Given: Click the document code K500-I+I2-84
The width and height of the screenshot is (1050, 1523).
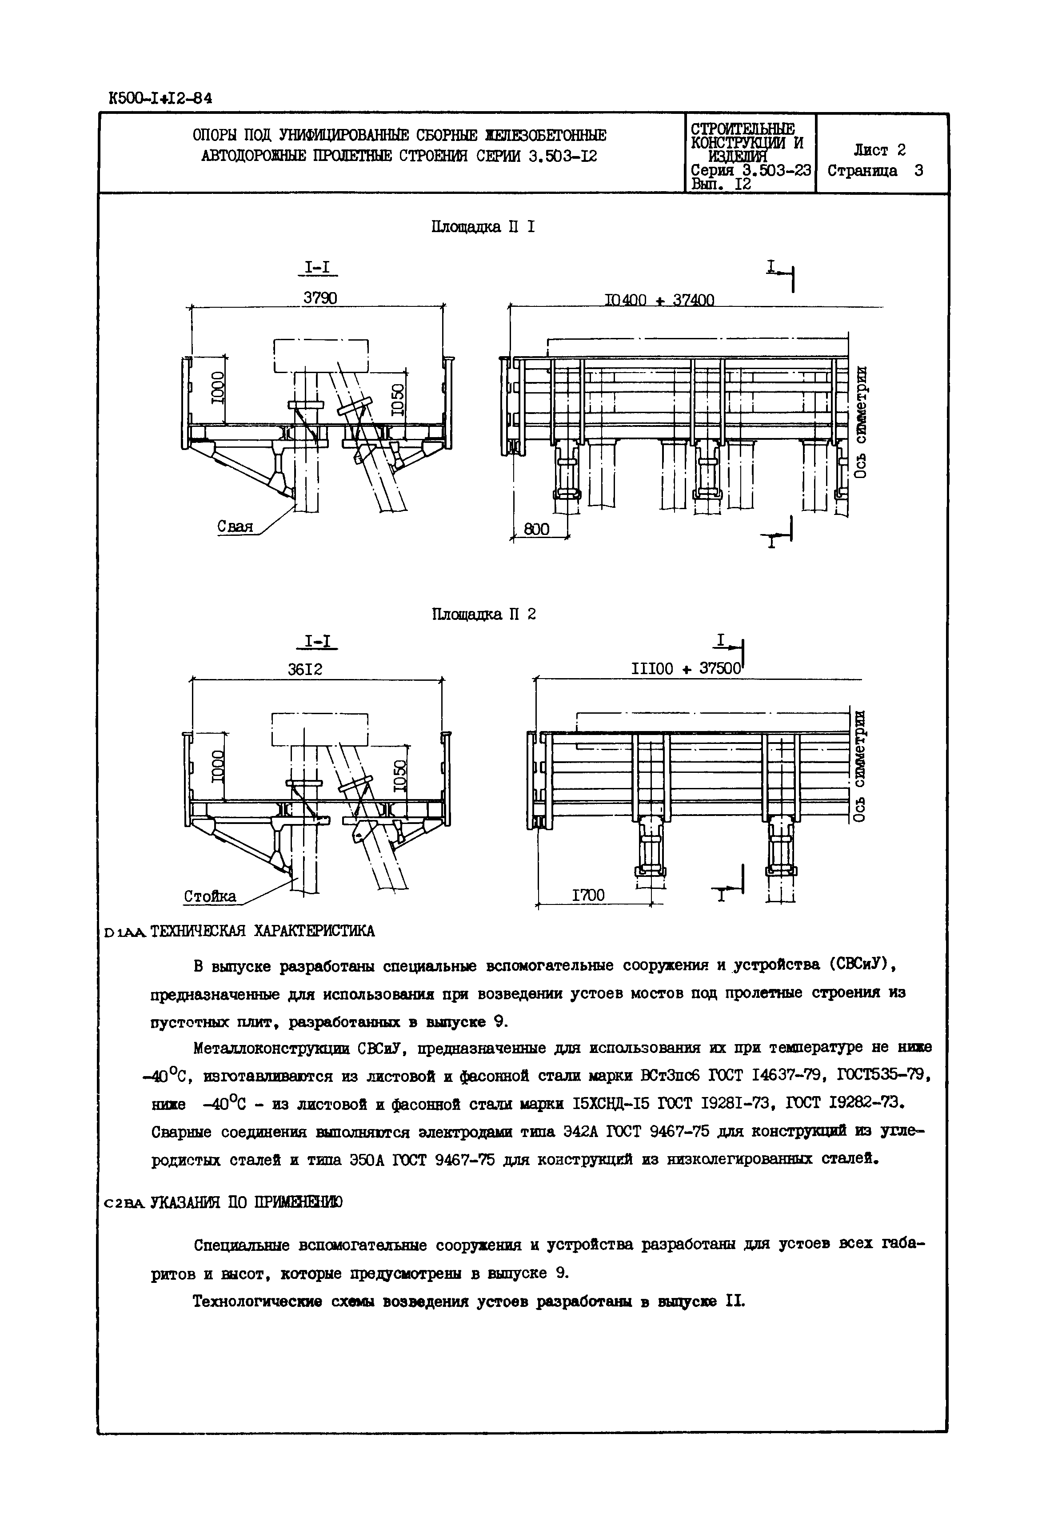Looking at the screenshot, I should [x=160, y=98].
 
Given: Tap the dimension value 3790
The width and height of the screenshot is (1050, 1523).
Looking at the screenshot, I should [x=320, y=297].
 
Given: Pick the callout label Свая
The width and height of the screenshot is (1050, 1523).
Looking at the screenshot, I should [x=236, y=527].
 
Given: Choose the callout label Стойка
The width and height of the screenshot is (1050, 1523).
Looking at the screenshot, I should [x=209, y=896].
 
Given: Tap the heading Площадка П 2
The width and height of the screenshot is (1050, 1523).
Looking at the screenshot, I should [x=483, y=614].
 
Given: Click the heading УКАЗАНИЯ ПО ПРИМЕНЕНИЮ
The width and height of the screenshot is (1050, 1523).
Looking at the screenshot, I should [x=247, y=1202].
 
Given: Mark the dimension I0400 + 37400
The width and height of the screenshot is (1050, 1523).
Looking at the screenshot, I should [x=659, y=300].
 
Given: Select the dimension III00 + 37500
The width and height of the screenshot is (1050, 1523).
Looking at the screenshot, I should [x=686, y=669].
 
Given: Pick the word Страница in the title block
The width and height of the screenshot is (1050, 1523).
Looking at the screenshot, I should [x=862, y=171].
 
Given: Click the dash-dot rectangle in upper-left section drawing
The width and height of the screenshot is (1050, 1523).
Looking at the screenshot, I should [x=320, y=356].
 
